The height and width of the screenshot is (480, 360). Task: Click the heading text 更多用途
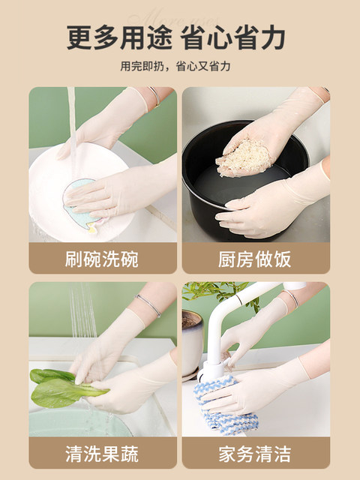point(119,37)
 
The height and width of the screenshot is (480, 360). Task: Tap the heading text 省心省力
point(232,37)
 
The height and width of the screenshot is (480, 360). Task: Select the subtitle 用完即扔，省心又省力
point(175,66)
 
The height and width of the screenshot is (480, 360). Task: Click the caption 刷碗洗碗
point(102,259)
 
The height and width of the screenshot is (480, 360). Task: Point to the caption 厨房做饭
point(255,259)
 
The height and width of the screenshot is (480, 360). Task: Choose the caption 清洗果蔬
point(102,454)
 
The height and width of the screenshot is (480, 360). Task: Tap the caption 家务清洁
point(255,454)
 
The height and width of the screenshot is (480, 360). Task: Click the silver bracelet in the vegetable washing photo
point(149,304)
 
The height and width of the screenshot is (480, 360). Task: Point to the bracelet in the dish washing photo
point(155,97)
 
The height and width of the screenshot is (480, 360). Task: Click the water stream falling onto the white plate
point(72,128)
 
